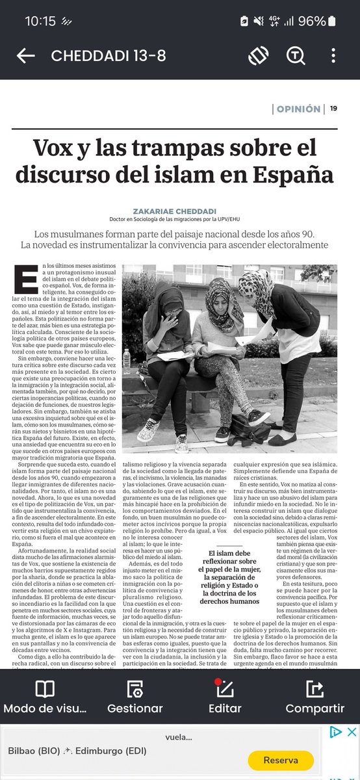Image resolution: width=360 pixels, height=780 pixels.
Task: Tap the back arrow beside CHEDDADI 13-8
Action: point(25,56)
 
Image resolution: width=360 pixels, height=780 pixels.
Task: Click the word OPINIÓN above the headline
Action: point(297,109)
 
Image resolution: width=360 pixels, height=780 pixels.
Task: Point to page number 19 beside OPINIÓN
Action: point(333,109)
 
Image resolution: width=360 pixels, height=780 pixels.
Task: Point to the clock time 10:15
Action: point(40,21)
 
